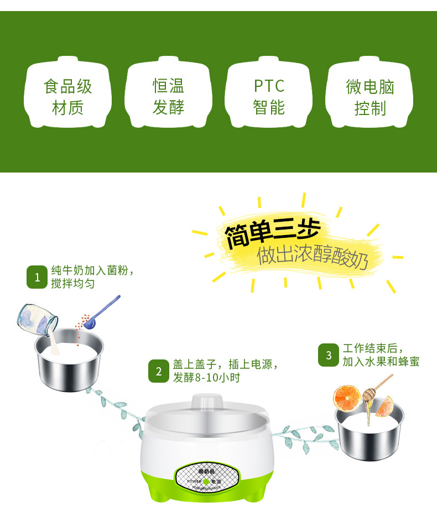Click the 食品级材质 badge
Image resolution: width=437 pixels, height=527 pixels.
(x=68, y=95)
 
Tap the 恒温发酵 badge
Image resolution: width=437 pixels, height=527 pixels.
(x=169, y=95)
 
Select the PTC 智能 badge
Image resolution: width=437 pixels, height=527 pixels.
(x=269, y=95)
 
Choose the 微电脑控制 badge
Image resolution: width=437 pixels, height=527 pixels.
(x=370, y=95)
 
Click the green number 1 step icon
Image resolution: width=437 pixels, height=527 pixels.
(x=37, y=277)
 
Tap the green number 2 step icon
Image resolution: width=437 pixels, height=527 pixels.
(x=159, y=371)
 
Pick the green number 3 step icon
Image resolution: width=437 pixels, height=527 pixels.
(x=329, y=355)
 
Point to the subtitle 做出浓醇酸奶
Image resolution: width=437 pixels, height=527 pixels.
(x=312, y=257)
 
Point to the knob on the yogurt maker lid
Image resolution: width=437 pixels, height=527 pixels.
(x=206, y=403)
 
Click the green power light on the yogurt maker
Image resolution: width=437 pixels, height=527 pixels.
(x=206, y=481)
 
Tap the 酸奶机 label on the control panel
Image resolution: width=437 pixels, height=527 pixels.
(x=206, y=471)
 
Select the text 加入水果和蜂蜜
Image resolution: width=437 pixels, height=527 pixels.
(x=381, y=362)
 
